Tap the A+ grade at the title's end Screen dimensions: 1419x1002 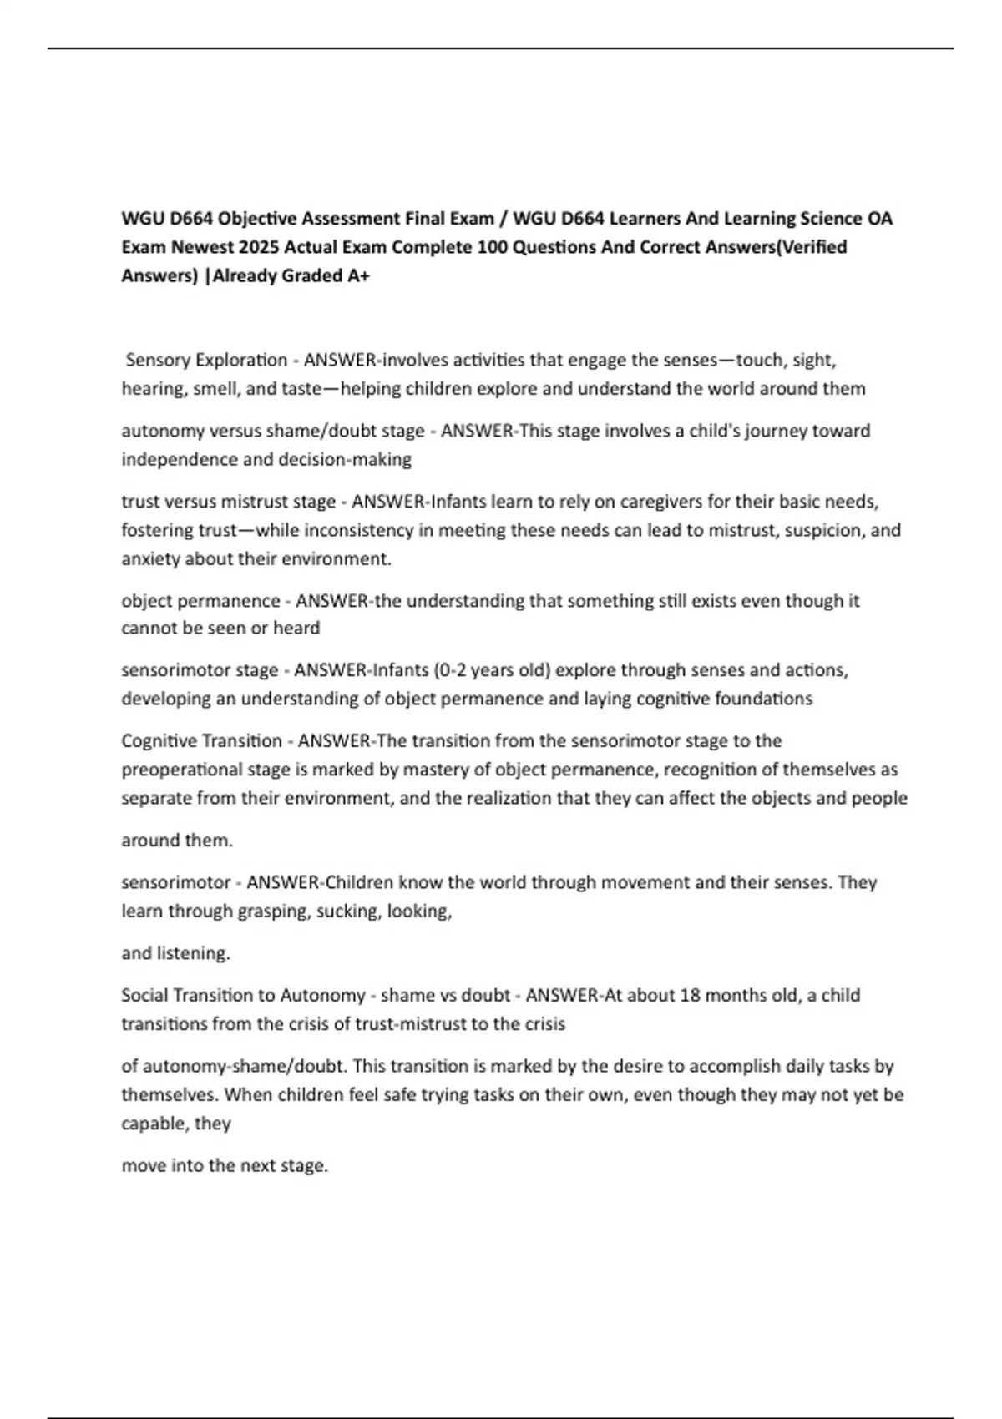click(357, 275)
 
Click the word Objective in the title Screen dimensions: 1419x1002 click(256, 219)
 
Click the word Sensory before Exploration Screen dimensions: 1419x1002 click(157, 360)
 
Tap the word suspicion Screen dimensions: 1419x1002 click(823, 530)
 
